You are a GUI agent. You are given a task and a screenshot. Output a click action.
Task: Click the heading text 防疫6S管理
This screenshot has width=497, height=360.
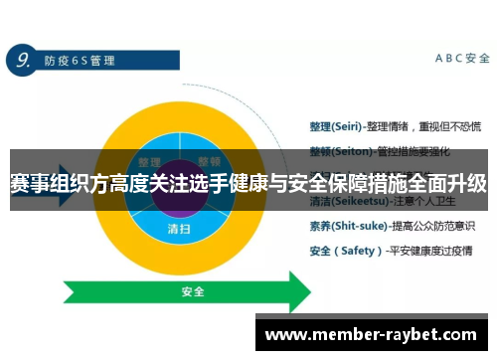80,61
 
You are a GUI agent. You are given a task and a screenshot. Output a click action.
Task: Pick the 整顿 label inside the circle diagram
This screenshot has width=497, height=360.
209,161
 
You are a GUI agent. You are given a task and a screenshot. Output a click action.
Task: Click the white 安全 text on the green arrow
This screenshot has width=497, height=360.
193,292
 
